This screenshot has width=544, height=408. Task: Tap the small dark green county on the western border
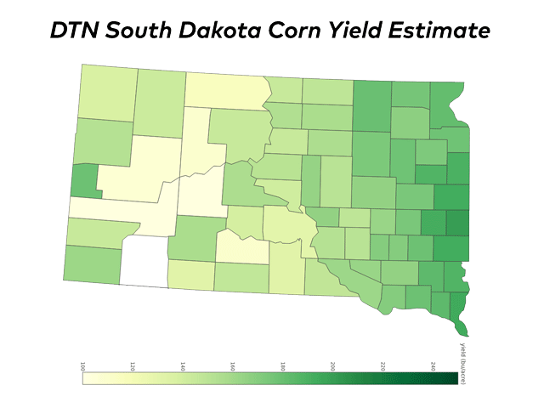coord(84,180)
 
